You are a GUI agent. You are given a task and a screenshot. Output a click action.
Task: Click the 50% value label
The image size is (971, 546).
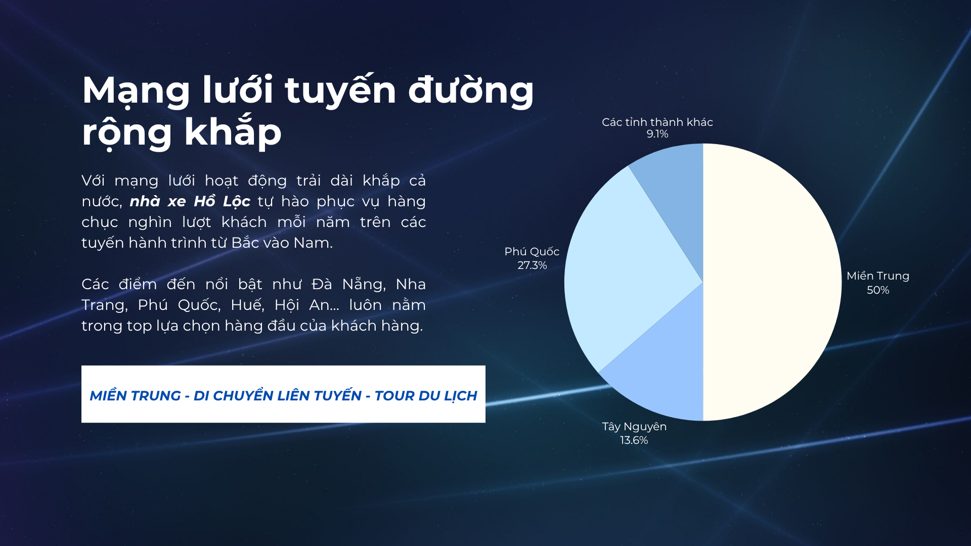tap(878, 290)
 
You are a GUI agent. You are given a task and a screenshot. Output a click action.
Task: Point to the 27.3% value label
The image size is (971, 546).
tap(532, 265)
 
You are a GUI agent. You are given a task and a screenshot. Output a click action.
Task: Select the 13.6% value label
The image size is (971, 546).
tap(634, 440)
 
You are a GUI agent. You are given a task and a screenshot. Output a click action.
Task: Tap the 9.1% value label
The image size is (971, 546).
tap(657, 134)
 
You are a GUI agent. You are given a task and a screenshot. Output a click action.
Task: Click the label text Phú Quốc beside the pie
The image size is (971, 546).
tap(532, 252)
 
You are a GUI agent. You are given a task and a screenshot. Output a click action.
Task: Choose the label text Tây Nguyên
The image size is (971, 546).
tap(634, 427)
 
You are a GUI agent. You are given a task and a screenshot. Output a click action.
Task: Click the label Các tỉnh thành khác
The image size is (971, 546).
tap(657, 122)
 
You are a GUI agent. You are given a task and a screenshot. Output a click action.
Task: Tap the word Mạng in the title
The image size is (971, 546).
tap(136, 91)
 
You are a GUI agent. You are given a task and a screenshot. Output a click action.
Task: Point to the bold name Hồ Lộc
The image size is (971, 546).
tap(222, 201)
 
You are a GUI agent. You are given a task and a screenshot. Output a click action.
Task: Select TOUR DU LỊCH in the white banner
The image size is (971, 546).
tap(426, 395)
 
